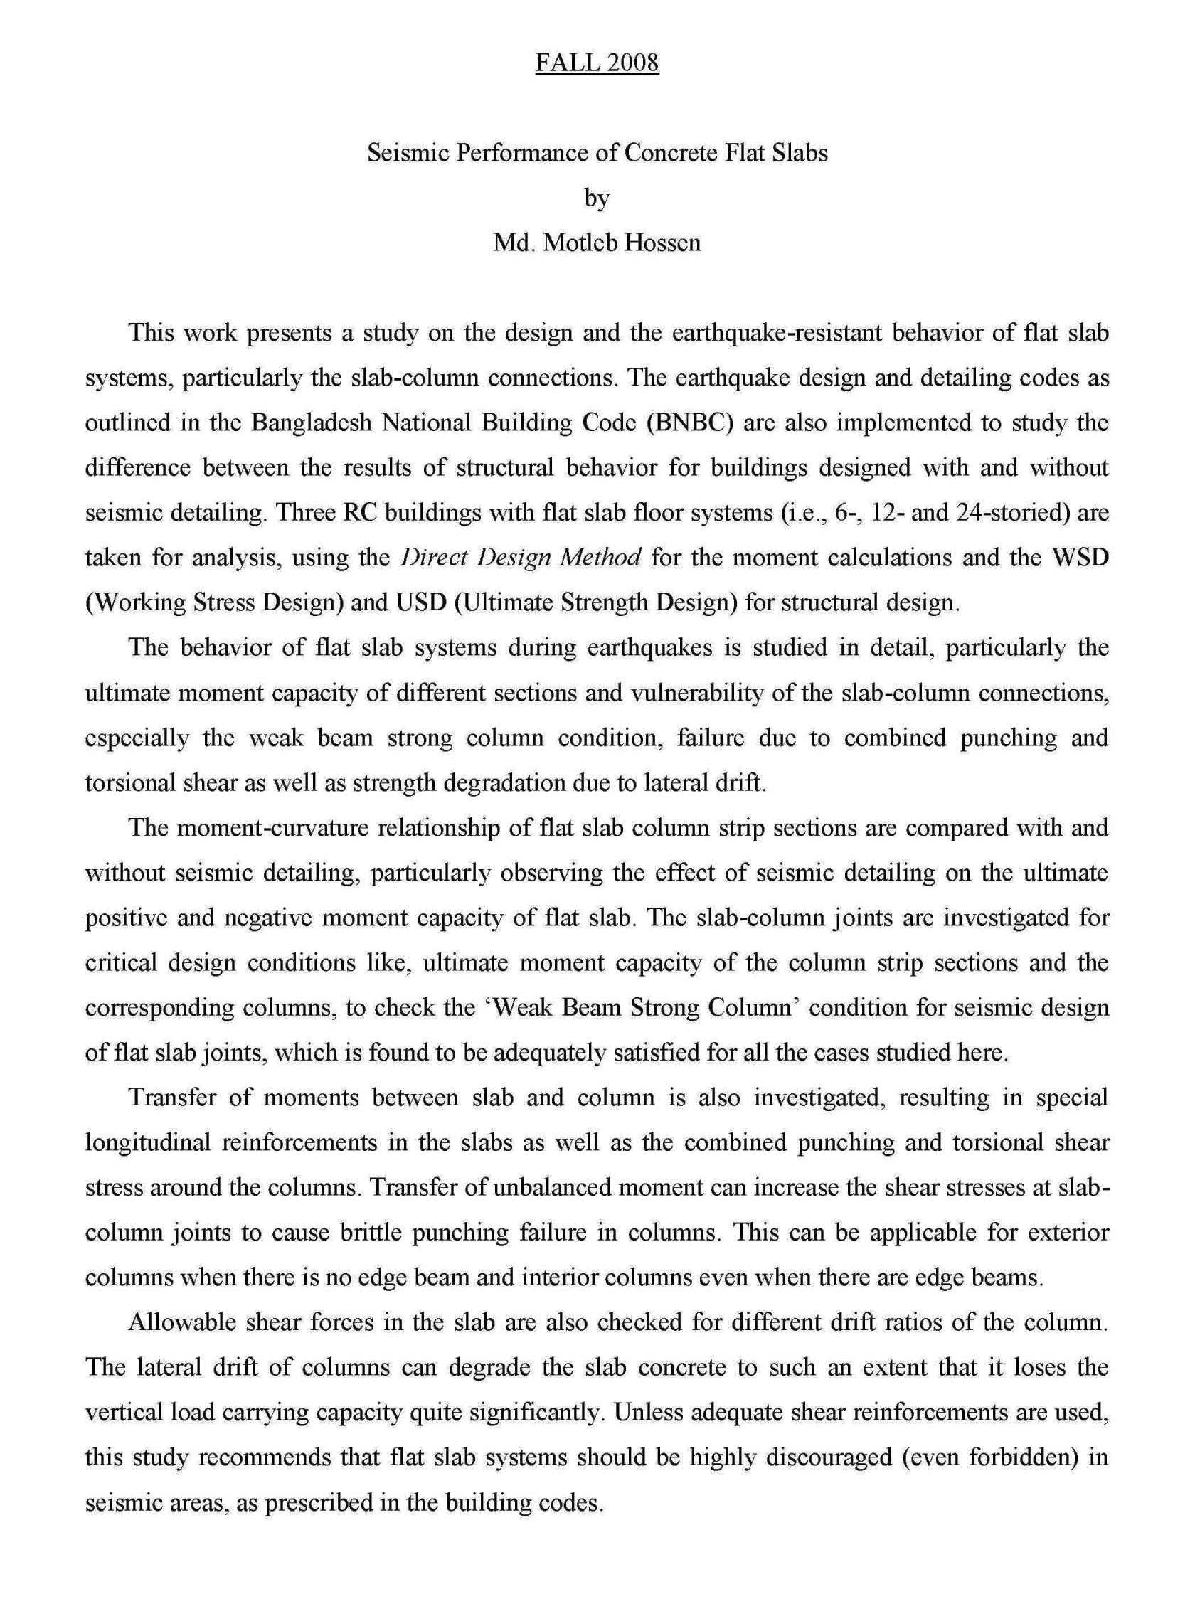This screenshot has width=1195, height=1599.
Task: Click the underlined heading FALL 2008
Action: [x=596, y=63]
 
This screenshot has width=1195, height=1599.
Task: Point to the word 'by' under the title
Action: [x=597, y=198]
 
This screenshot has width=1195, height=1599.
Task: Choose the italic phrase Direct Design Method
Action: [x=521, y=558]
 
